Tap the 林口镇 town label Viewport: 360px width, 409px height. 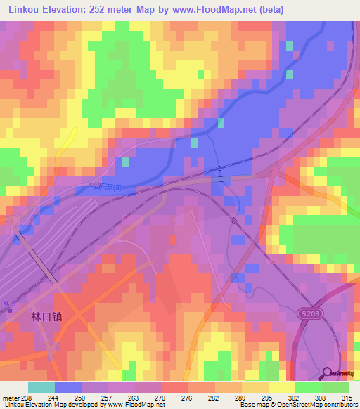[x=47, y=317]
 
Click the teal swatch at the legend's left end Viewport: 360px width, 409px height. [x=41, y=387]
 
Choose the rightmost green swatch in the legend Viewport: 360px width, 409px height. [x=335, y=387]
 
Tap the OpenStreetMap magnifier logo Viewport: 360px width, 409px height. [x=328, y=372]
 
